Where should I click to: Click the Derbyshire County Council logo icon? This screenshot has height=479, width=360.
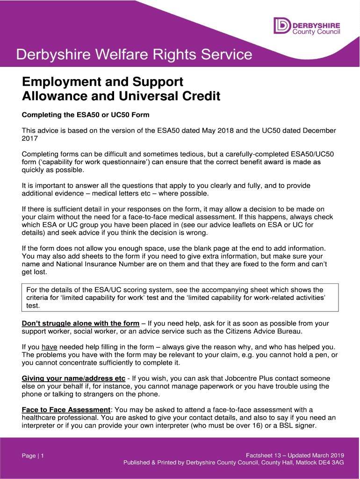(282, 26)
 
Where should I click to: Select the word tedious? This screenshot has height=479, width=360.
(176, 154)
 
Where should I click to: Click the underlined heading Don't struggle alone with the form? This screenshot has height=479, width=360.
(80, 323)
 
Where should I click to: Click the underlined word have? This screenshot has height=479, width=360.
(49, 347)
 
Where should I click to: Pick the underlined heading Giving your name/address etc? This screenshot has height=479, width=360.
(73, 378)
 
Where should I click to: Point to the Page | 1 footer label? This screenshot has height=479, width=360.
(33, 456)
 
